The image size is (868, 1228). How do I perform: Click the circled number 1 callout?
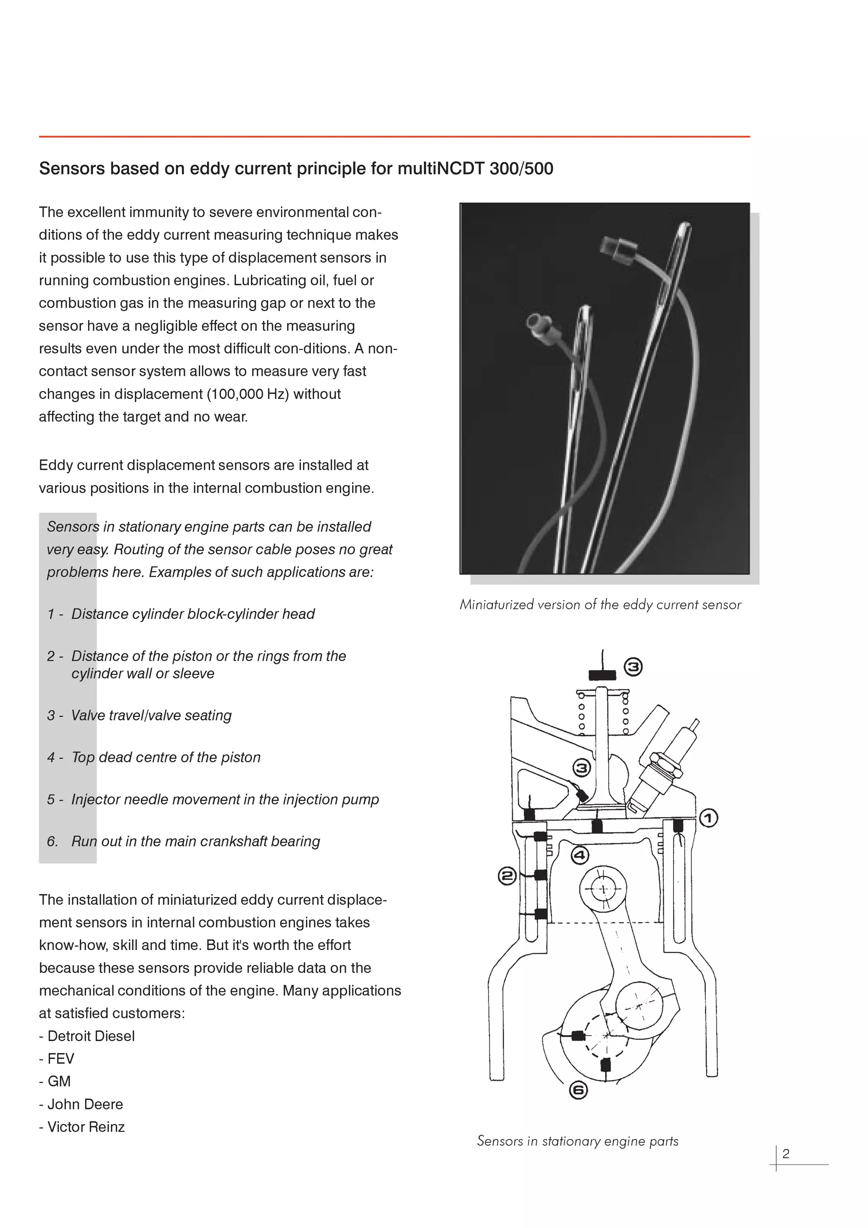(709, 818)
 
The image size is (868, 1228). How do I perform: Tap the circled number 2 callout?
(506, 876)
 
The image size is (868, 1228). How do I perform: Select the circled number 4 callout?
(580, 855)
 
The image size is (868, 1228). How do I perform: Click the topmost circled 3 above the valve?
(633, 667)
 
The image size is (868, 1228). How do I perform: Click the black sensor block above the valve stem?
(602, 675)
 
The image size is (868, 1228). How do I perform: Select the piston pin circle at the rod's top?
(603, 889)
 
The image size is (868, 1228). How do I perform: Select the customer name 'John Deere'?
(85, 1104)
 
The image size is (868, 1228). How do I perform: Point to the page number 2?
(786, 1154)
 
